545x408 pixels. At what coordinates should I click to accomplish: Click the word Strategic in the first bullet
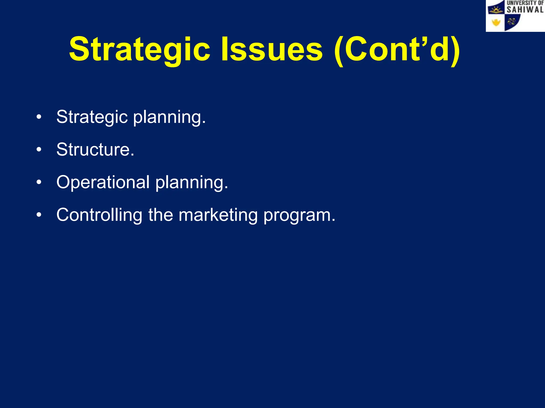[92, 117]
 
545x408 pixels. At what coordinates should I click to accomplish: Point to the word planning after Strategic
[169, 117]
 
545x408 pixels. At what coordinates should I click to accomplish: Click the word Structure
[95, 150]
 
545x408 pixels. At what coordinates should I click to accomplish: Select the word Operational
[103, 182]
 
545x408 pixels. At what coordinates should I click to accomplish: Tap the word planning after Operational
[192, 183]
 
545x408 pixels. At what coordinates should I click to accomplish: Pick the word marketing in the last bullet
[218, 215]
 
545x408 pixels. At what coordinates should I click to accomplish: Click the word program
[299, 215]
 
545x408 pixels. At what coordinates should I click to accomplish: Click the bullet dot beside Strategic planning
[39, 117]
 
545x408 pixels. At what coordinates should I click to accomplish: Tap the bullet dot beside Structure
[39, 150]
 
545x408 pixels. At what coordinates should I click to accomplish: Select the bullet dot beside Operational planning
[39, 182]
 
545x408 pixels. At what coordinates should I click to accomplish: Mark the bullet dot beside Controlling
[39, 215]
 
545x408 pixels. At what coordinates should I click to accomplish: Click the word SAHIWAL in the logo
[525, 10]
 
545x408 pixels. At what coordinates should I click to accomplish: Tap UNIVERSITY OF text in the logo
[525, 3]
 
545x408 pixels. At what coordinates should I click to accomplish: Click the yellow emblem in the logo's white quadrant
[496, 23]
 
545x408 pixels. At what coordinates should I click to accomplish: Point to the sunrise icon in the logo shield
[496, 10]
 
